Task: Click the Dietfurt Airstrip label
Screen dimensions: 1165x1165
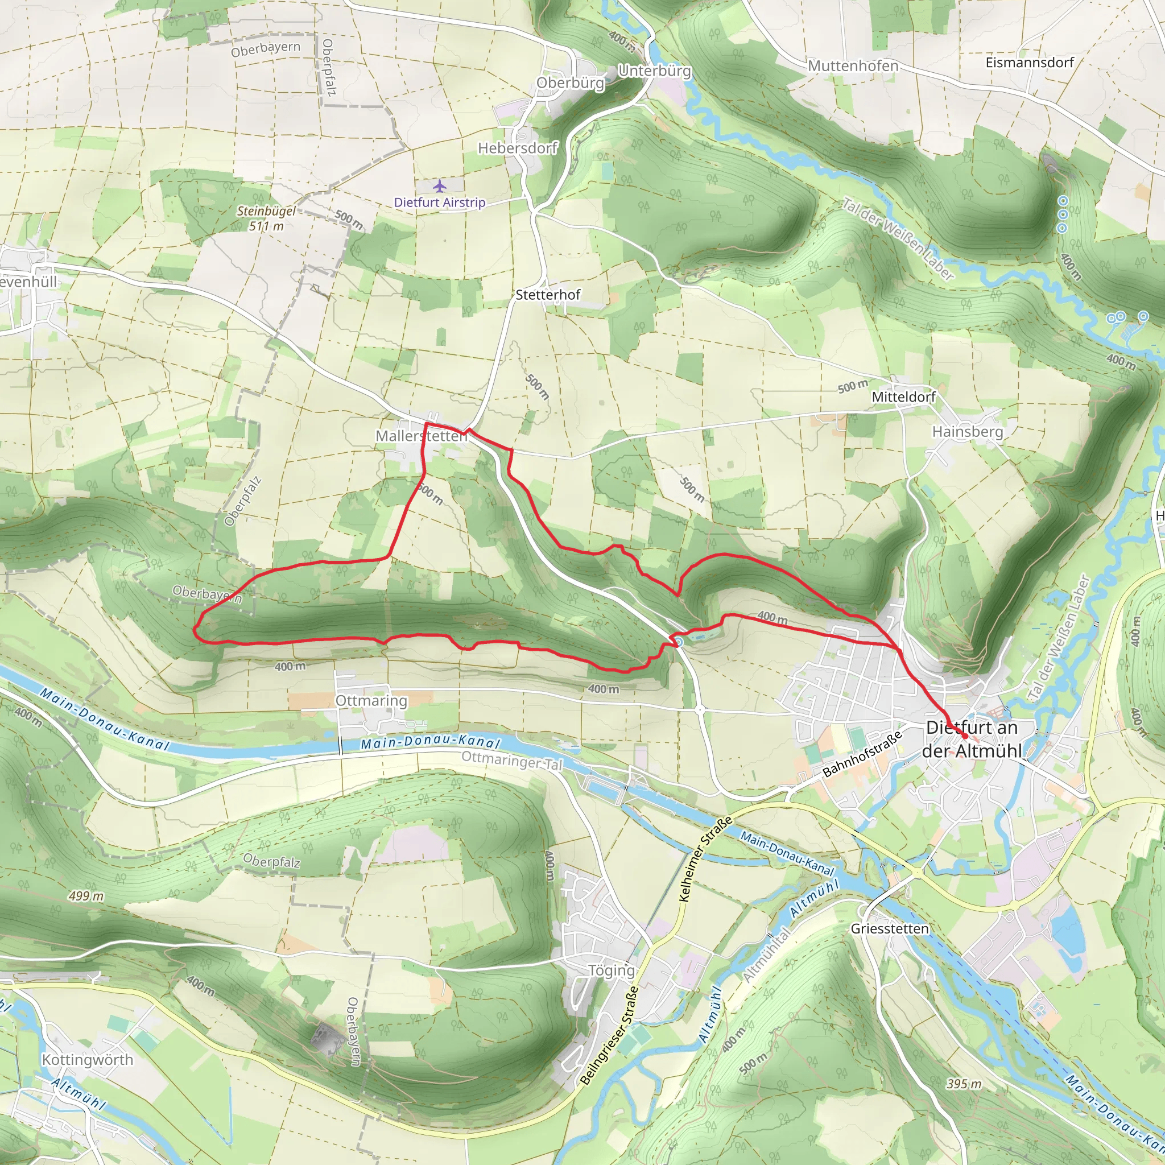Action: point(440,203)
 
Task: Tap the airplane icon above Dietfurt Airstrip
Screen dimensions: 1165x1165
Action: point(440,185)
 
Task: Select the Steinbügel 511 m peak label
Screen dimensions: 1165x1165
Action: point(266,218)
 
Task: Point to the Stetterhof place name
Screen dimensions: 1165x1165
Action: point(548,295)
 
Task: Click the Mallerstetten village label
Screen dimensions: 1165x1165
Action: point(421,435)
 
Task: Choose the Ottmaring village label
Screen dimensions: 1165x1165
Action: point(371,701)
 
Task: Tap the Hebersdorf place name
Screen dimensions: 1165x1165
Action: point(518,148)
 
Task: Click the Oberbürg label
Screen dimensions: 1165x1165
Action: point(570,82)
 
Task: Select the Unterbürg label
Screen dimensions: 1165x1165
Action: point(654,71)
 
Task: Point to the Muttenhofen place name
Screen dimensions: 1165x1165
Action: point(853,66)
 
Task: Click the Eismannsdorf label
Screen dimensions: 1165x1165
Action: point(1029,63)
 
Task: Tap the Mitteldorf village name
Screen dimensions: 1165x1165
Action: point(903,397)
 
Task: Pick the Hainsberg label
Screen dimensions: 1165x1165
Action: point(967,432)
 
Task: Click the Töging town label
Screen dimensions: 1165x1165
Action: point(611,970)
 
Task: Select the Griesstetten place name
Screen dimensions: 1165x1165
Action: point(890,928)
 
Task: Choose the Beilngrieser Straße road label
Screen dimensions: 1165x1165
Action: point(609,1035)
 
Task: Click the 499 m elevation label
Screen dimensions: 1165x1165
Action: point(86,896)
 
